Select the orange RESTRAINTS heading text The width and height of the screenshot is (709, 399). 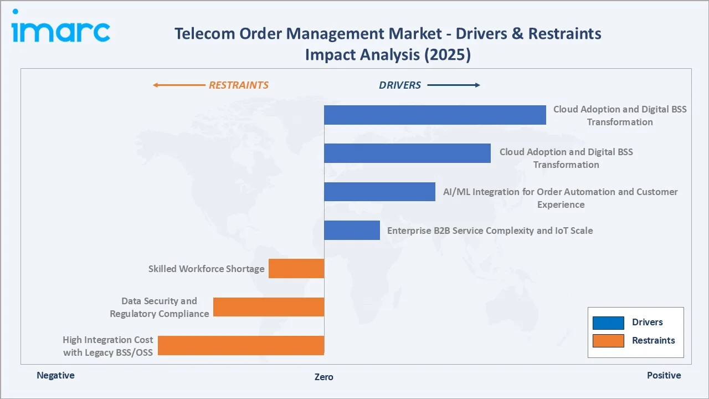(x=238, y=85)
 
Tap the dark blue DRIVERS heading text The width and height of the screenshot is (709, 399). (x=400, y=85)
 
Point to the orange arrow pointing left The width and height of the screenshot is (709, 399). (x=178, y=85)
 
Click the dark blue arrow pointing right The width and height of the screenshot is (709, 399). (x=454, y=85)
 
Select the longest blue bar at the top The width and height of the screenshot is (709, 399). (x=435, y=115)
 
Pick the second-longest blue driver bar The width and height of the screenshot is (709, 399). (x=407, y=153)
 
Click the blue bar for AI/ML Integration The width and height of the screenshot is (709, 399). (x=379, y=192)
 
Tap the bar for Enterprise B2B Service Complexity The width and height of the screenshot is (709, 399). (x=352, y=230)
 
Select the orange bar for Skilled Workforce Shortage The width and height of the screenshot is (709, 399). (x=296, y=268)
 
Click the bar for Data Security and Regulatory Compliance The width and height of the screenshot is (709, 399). (x=269, y=307)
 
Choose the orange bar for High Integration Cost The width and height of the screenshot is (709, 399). (x=241, y=345)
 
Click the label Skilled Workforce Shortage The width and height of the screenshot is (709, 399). (x=206, y=269)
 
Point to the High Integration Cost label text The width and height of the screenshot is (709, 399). (x=107, y=346)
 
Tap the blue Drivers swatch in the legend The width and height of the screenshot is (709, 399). (x=608, y=323)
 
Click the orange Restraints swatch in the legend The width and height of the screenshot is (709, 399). (x=608, y=340)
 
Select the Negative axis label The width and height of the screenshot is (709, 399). (x=55, y=375)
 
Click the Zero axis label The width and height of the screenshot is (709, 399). (x=324, y=377)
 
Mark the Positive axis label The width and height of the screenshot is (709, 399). (x=664, y=375)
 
